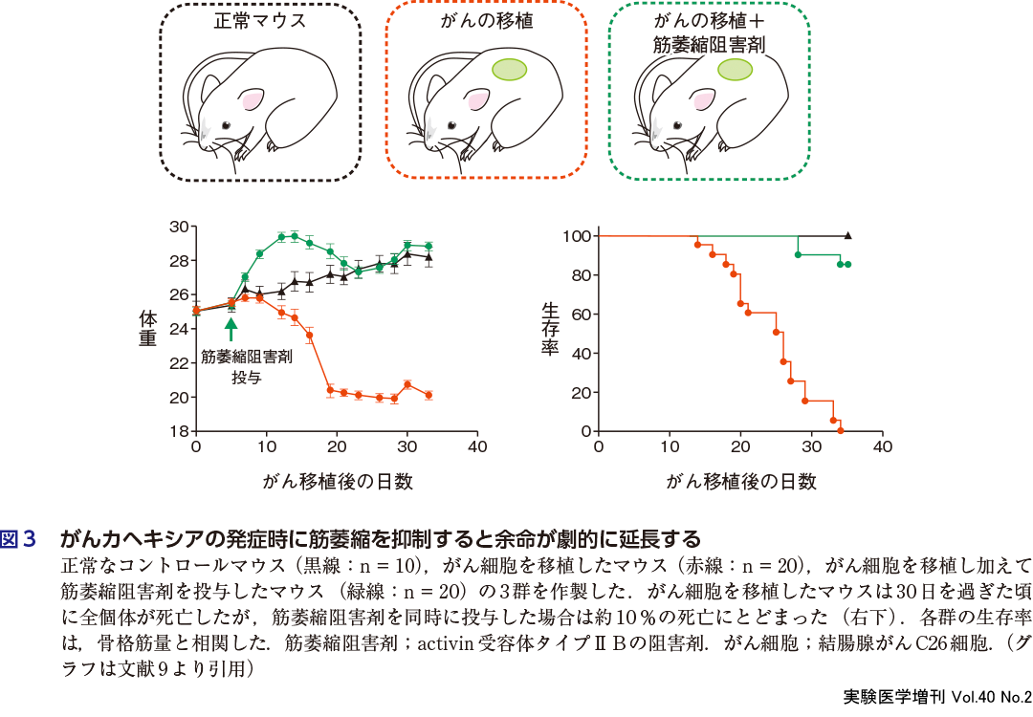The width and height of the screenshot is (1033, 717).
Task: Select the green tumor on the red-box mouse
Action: click(509, 70)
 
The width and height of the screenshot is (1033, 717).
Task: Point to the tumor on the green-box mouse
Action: click(735, 70)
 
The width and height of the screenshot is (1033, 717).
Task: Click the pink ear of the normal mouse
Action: click(252, 98)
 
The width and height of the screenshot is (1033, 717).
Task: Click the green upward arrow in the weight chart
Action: click(231, 329)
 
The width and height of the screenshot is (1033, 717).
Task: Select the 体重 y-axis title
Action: click(147, 329)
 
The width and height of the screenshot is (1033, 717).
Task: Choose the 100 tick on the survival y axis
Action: click(575, 236)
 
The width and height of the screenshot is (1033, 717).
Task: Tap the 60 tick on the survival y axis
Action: click(579, 315)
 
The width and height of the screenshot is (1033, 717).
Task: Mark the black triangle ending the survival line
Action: click(847, 235)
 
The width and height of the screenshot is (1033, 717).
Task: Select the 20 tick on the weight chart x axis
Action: click(337, 446)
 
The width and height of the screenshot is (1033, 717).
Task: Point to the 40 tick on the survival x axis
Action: click(882, 446)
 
